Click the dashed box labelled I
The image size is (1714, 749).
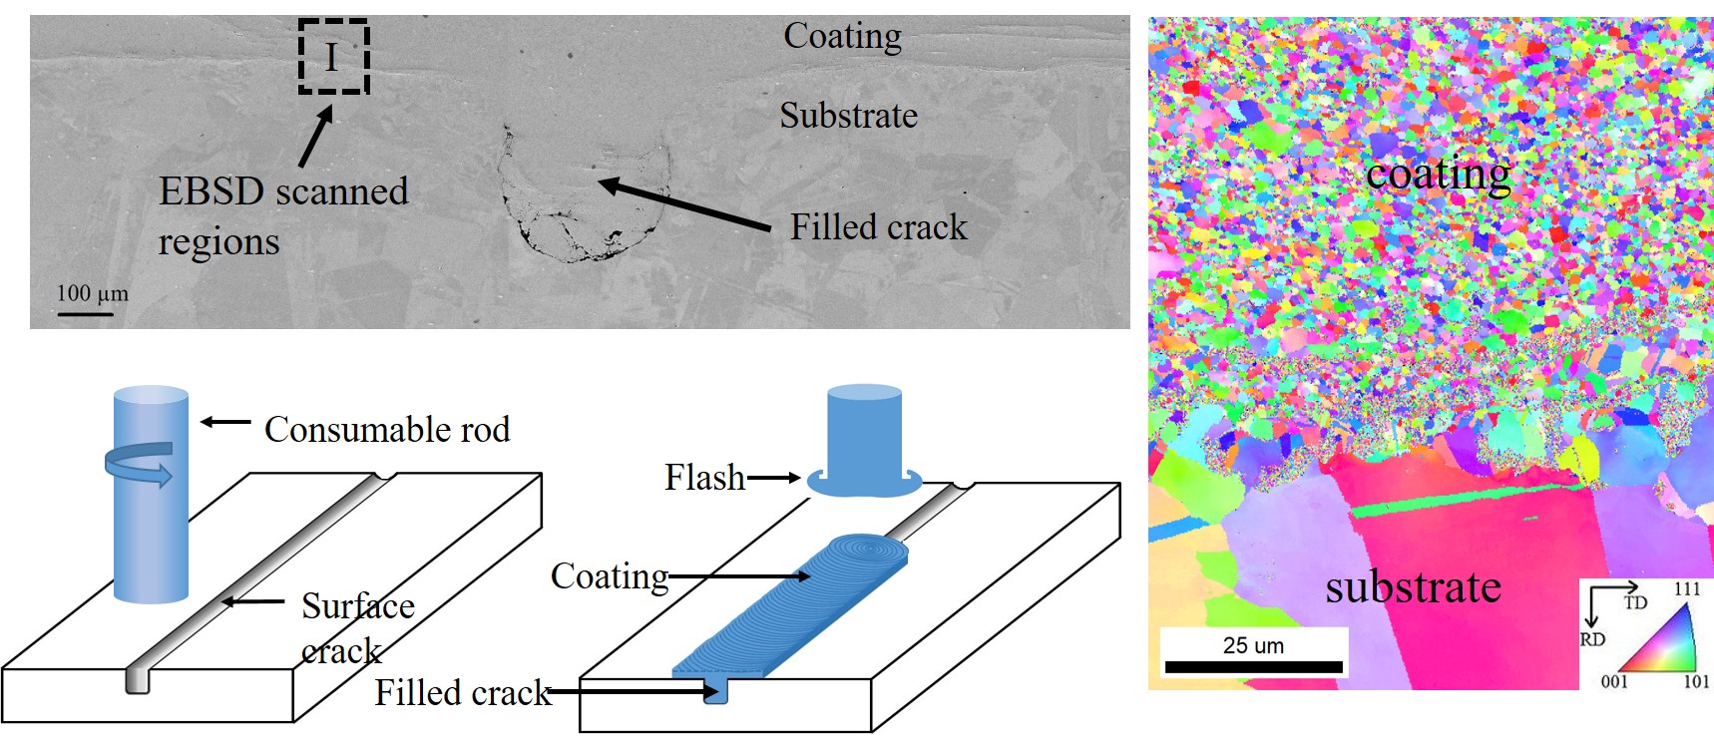coord(333,58)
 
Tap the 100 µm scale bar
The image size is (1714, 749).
coord(85,314)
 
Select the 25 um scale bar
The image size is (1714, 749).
coord(1253,666)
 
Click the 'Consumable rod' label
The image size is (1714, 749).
coord(386,430)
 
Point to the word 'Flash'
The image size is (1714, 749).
coord(704,478)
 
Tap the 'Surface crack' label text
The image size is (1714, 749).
coord(357,627)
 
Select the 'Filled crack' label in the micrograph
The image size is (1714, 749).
coord(878,227)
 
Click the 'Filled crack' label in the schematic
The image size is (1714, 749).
coord(462,692)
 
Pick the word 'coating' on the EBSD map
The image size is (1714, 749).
coord(1438,175)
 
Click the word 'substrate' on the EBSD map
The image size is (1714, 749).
coord(1413,587)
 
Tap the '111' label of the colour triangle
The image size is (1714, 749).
coord(1686,589)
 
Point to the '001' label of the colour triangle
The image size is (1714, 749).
coord(1614,682)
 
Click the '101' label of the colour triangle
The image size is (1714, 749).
coord(1696,682)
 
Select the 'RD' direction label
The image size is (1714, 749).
coord(1592,639)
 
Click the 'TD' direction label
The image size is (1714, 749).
coord(1635,602)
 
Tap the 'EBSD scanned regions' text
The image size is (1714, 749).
coord(283,215)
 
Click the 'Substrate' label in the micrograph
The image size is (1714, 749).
coord(848,116)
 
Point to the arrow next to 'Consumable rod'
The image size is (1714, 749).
coord(225,422)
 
